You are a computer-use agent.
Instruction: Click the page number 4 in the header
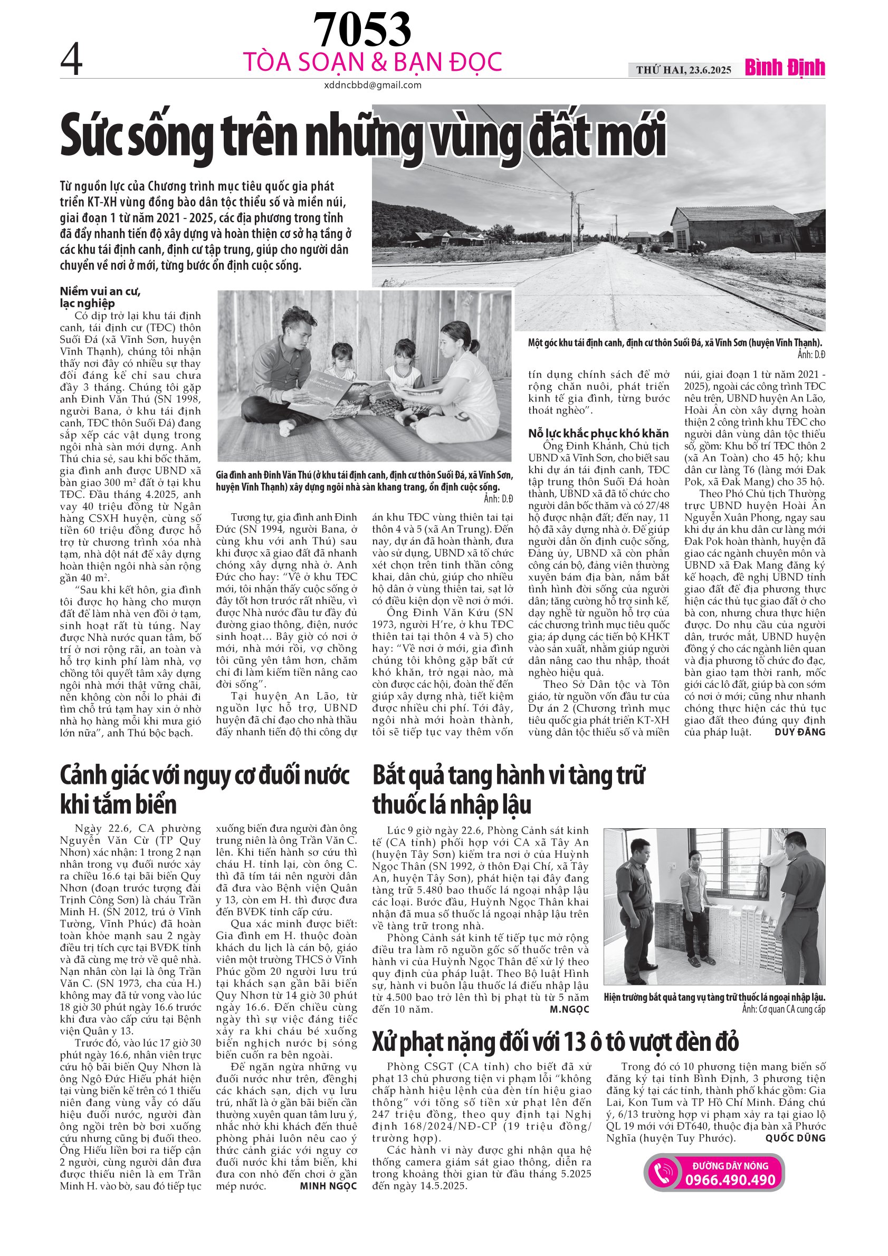[x=71, y=61]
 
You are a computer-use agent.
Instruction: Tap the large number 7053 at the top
[x=361, y=31]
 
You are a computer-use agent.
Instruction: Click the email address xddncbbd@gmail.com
[x=373, y=85]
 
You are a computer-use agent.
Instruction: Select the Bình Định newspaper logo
[x=785, y=68]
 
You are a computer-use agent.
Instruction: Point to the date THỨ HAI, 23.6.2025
[x=683, y=70]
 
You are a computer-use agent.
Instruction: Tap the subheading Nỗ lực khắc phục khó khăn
[x=598, y=433]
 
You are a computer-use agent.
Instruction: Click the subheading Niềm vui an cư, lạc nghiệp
[x=100, y=297]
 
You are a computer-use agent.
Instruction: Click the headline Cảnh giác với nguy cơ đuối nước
[x=204, y=789]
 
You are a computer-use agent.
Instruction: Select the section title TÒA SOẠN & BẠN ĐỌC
[x=372, y=62]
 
